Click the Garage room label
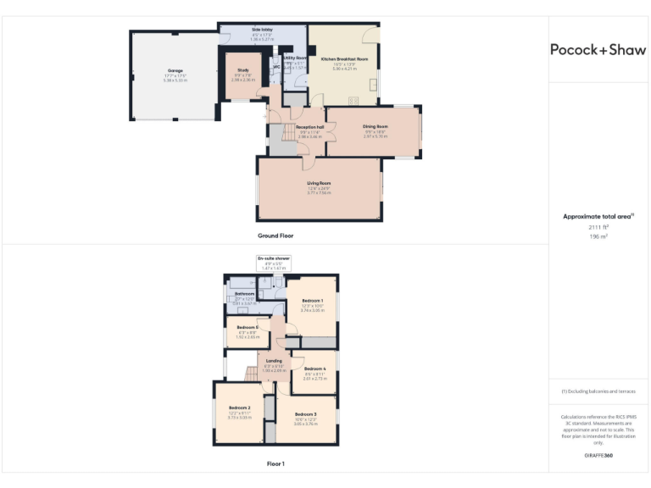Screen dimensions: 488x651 click(175, 69)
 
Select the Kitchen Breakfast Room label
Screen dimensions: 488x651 click(344, 58)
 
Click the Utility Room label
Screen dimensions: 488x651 click(295, 58)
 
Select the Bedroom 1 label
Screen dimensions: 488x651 click(313, 301)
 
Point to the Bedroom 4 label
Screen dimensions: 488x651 click(314, 369)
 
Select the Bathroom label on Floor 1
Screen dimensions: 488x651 click(244, 293)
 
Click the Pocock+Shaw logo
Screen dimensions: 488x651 click(598, 49)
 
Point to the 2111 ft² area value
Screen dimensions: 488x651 click(598, 228)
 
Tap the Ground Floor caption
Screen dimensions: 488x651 click(275, 236)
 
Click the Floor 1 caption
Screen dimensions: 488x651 click(275, 463)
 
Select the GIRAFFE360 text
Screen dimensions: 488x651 click(598, 456)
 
